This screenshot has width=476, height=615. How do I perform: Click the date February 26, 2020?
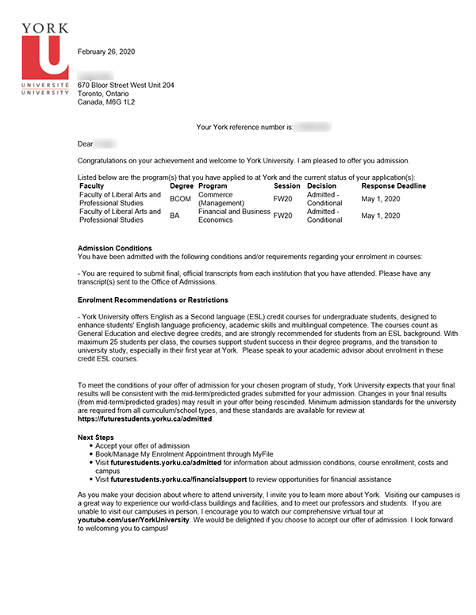(x=106, y=52)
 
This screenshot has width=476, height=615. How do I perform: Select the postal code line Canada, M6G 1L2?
(x=106, y=102)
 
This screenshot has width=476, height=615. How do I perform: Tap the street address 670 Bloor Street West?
(x=125, y=85)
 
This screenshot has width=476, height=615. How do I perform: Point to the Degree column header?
(x=182, y=185)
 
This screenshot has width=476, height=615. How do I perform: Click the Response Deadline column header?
(x=393, y=185)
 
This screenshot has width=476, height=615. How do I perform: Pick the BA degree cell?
(x=175, y=216)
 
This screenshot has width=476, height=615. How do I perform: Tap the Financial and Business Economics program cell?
(x=233, y=216)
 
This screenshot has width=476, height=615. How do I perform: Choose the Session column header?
(x=286, y=185)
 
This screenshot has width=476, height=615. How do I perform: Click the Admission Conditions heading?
(x=114, y=248)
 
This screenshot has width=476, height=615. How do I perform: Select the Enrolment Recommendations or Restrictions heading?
(x=153, y=300)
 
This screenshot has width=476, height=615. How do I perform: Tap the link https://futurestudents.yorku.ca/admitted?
(x=145, y=418)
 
